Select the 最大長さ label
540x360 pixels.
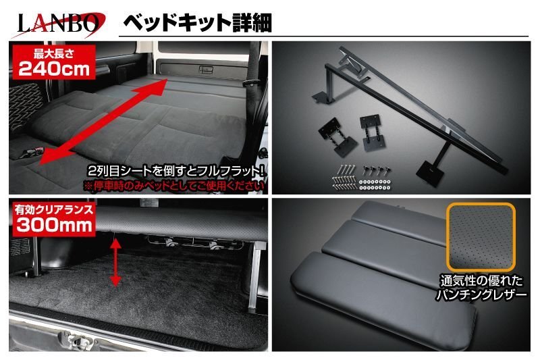point(41,52)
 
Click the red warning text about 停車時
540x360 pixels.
point(174,183)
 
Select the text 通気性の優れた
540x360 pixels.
point(481,282)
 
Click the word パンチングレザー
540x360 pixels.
point(481,296)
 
